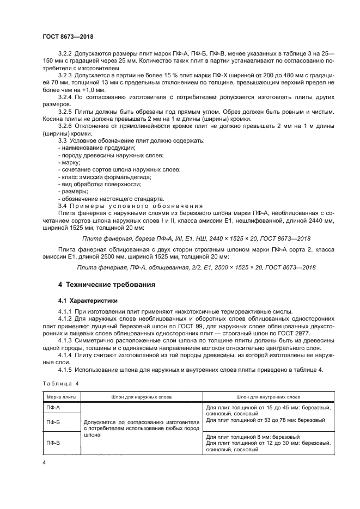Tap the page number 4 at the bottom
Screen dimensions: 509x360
(x=44, y=462)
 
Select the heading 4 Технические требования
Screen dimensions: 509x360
(x=107, y=284)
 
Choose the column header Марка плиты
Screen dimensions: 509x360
(x=61, y=397)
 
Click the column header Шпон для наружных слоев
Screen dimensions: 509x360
(x=142, y=397)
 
